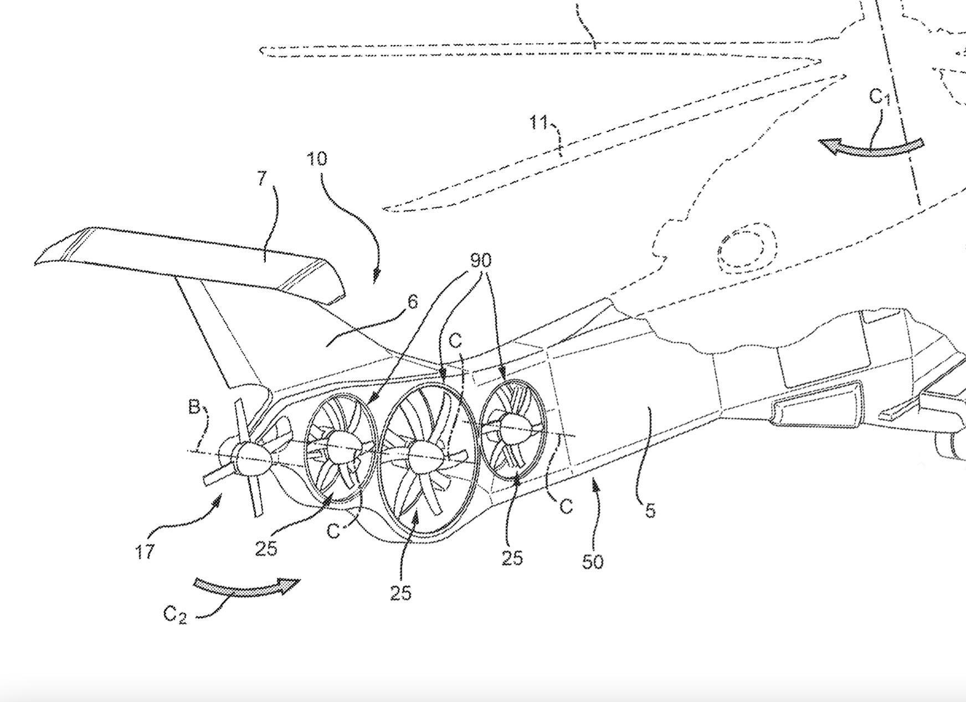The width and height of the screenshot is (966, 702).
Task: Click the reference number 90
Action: click(x=481, y=260)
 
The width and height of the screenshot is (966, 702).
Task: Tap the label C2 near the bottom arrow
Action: click(x=175, y=614)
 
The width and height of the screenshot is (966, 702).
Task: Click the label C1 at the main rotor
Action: click(x=880, y=98)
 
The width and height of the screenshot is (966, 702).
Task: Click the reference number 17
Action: click(x=145, y=552)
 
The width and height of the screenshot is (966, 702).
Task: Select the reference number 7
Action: click(x=263, y=179)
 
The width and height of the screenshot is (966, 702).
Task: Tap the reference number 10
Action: click(x=317, y=159)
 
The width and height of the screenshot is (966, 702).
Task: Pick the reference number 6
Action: click(x=412, y=302)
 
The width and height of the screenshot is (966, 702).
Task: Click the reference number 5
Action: click(x=650, y=511)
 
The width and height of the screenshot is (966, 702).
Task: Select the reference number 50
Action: click(x=592, y=562)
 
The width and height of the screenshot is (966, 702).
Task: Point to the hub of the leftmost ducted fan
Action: click(x=340, y=446)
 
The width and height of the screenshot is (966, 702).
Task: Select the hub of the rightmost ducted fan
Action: click(x=512, y=428)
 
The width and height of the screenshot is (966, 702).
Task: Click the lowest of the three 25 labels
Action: click(x=401, y=593)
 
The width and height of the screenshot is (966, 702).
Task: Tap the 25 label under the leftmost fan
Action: click(x=266, y=549)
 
